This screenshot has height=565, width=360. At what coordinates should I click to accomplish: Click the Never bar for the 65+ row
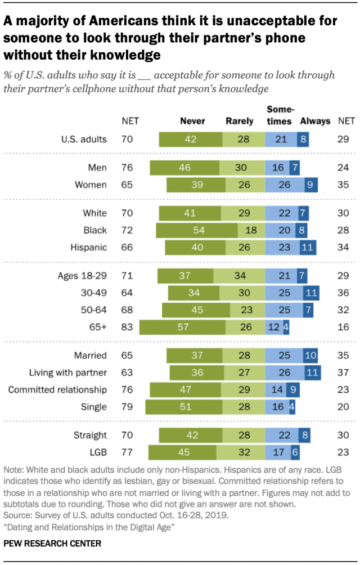182,327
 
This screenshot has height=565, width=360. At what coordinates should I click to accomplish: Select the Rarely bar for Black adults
251,230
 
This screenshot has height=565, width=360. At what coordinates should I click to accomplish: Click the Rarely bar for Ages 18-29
239,275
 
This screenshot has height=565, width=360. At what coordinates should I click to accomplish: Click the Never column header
192,121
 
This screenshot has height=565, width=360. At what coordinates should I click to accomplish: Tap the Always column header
315,121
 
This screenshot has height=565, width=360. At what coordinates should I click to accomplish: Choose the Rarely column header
240,121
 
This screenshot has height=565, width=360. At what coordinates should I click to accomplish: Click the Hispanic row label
90,247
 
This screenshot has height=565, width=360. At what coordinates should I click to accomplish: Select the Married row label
91,355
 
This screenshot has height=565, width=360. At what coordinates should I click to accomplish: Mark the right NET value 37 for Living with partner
343,372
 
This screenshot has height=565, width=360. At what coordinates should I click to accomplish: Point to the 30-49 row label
94,293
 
